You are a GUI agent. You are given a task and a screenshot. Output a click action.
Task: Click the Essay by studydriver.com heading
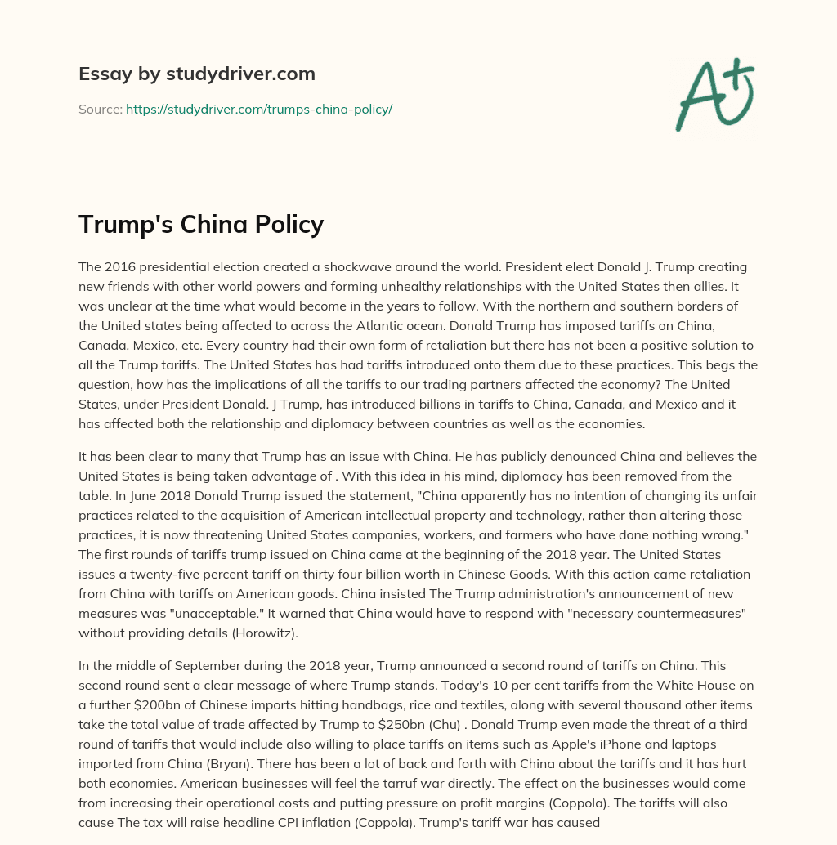pos(197,74)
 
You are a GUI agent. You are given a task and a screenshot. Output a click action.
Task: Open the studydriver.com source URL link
pos(259,109)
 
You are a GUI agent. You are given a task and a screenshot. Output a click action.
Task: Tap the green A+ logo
pos(714,94)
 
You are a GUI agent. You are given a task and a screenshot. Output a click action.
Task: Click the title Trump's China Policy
pos(201,224)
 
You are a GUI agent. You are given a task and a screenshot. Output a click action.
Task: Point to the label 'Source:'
pos(100,109)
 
